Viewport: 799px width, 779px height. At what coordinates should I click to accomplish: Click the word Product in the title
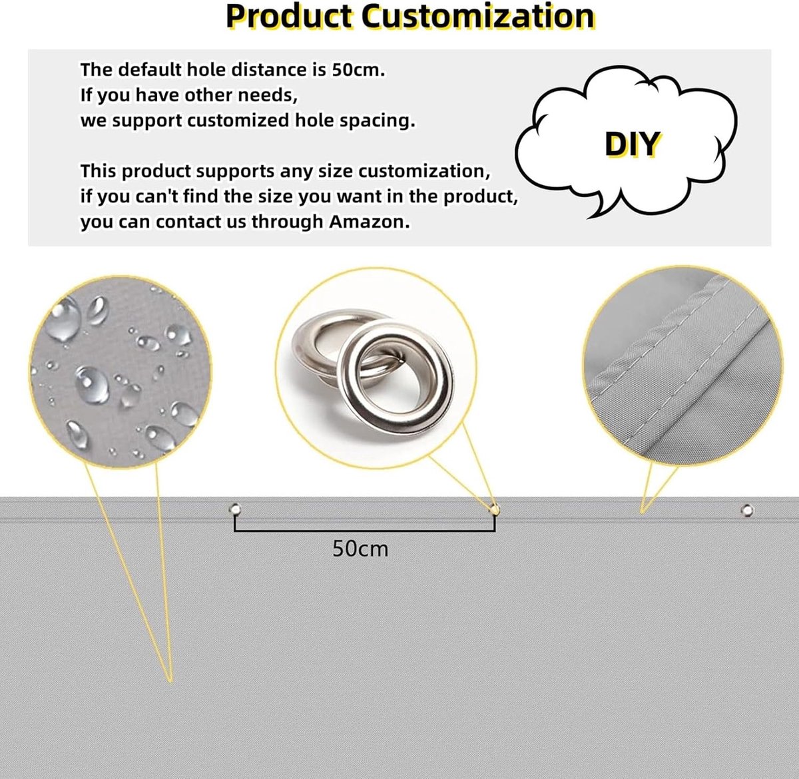289,17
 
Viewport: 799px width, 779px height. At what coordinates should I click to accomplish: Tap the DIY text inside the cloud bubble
633,144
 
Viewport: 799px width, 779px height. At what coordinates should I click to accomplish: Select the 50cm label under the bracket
360,549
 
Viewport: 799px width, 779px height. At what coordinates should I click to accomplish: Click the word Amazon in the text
369,222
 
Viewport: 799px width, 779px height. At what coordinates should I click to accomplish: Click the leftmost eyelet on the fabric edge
235,510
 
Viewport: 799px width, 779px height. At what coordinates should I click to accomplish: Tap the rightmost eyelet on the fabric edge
747,511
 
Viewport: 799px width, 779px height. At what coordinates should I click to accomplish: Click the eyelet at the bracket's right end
495,510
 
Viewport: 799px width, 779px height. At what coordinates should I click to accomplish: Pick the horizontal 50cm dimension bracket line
365,531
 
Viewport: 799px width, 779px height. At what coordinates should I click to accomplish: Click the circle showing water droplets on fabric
121,372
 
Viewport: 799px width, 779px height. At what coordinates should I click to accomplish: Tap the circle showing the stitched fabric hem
682,366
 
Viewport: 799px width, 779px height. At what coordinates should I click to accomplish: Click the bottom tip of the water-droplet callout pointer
170,682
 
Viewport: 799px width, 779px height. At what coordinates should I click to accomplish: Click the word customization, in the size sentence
424,171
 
